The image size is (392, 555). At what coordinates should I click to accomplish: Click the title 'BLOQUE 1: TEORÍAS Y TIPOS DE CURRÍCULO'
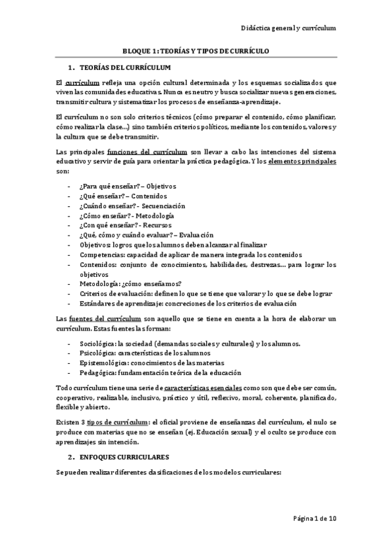pyautogui.click(x=196, y=50)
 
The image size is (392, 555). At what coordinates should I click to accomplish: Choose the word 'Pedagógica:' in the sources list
pyautogui.click(x=98, y=372)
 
